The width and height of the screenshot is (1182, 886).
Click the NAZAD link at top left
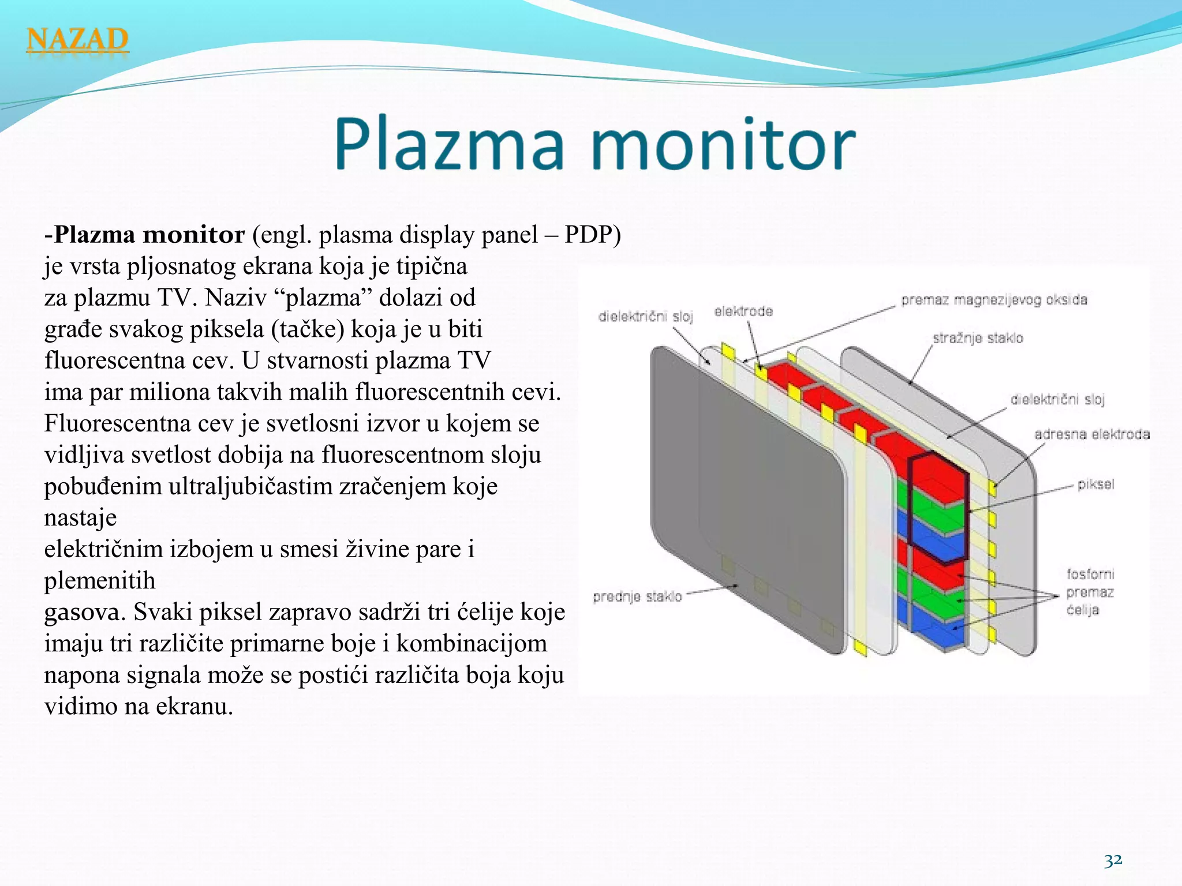pyautogui.click(x=77, y=40)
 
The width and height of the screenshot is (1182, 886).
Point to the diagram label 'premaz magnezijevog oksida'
pyautogui.click(x=994, y=300)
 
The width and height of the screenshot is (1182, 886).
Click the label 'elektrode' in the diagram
pyautogui.click(x=743, y=311)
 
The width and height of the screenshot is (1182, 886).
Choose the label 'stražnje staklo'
pyautogui.click(x=978, y=338)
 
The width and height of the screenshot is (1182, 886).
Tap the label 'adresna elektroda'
pyautogui.click(x=1091, y=434)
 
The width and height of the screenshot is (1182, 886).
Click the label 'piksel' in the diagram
pyautogui.click(x=1095, y=484)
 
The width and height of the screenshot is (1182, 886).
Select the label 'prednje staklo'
pyautogui.click(x=637, y=596)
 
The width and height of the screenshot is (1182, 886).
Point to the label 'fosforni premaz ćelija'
pyautogui.click(x=1090, y=592)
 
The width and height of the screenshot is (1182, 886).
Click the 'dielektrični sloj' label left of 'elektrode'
pyautogui.click(x=645, y=316)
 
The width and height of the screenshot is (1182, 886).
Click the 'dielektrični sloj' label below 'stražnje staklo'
pyautogui.click(x=1057, y=399)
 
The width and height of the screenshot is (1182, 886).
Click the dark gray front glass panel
pyautogui.click(x=745, y=490)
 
